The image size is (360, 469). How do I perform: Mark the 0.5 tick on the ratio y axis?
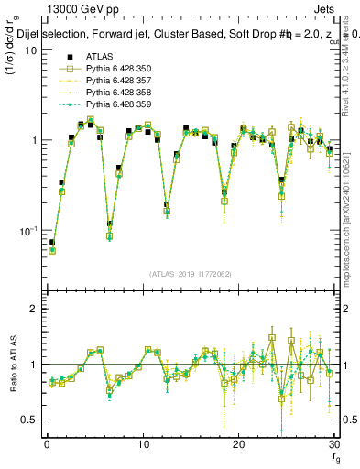click(x=30, y=420)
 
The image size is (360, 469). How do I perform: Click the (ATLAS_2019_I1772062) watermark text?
click(x=190, y=273)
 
